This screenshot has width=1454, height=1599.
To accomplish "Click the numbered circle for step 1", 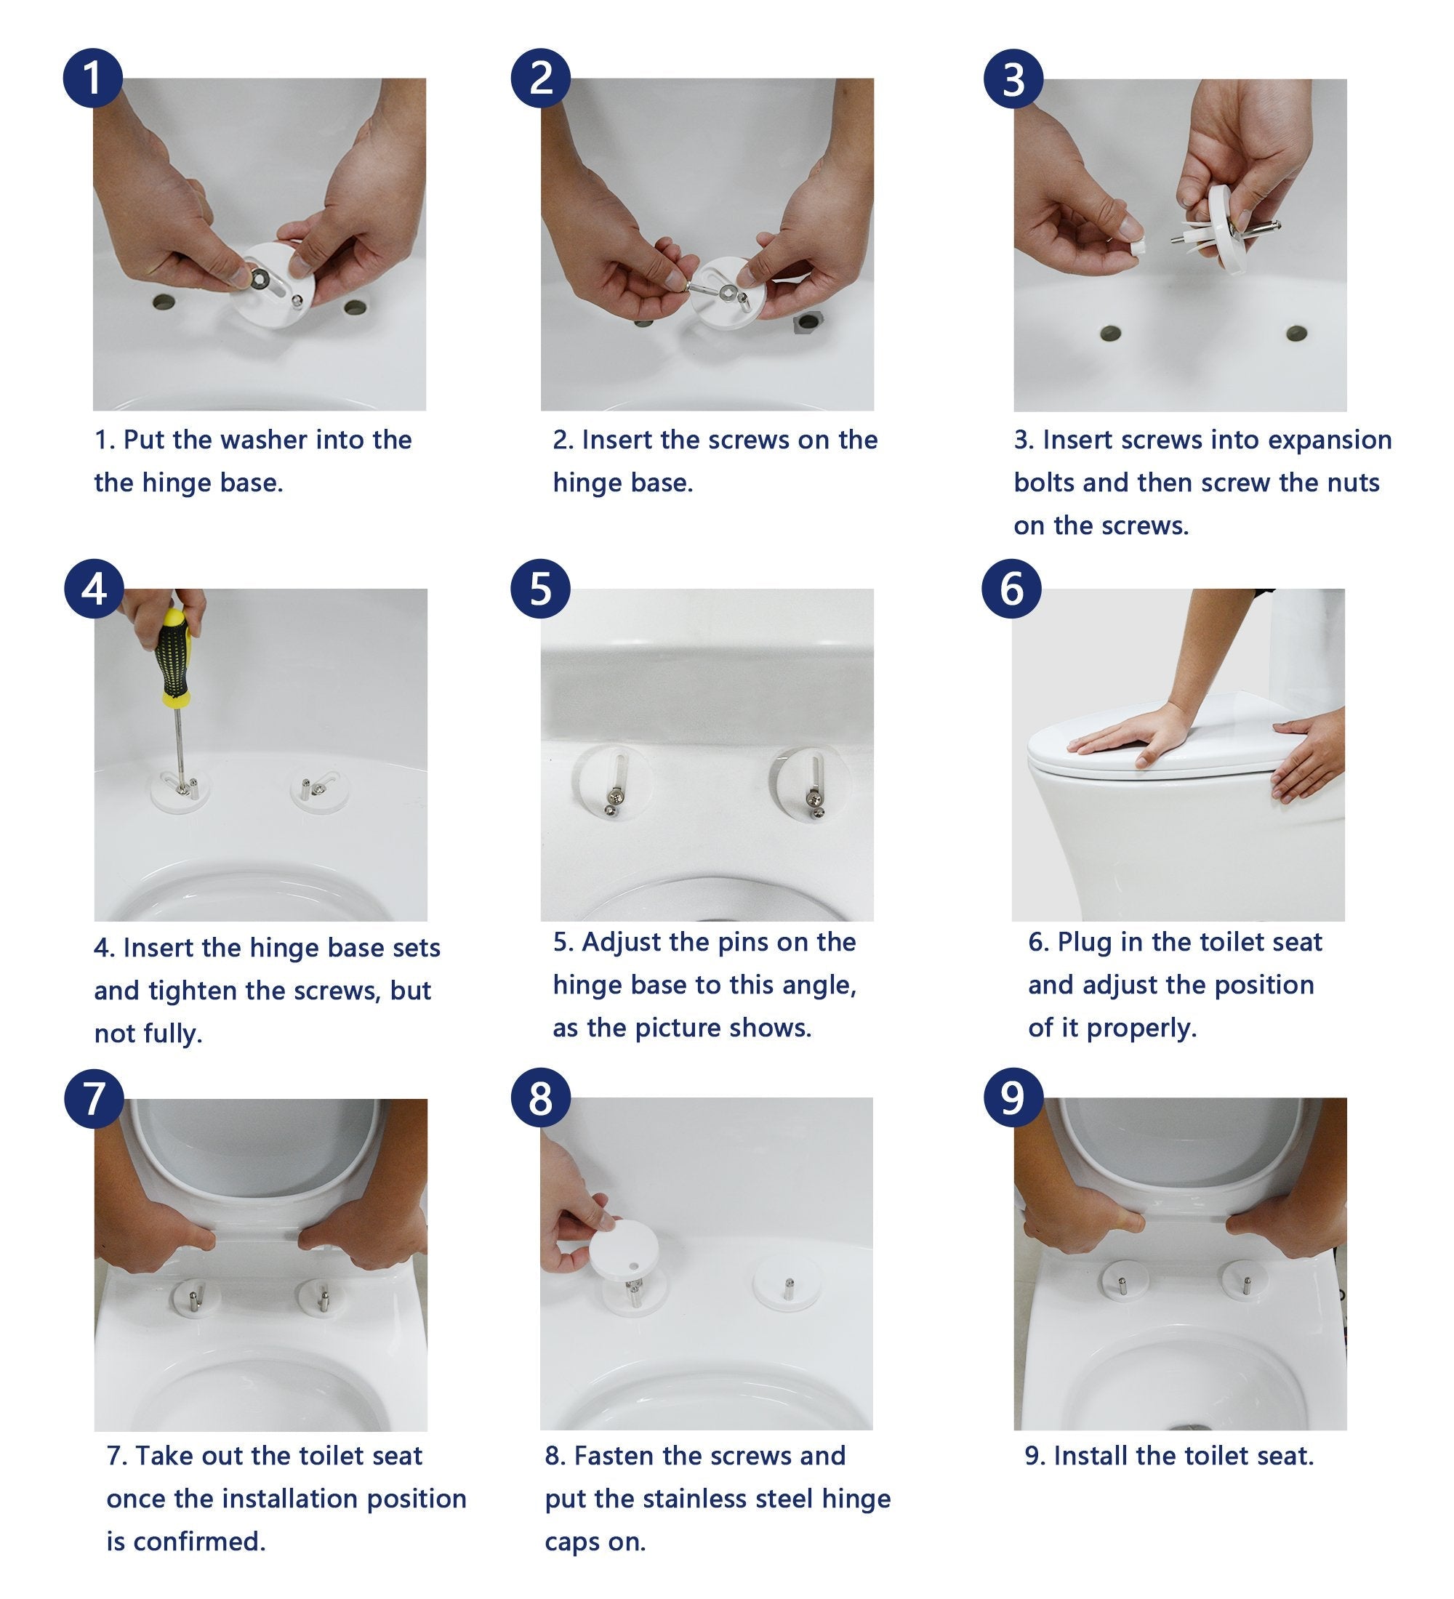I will (x=93, y=78).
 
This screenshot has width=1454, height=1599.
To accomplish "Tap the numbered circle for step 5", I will (x=540, y=589).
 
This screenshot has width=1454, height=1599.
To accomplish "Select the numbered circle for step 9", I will (x=1013, y=1097).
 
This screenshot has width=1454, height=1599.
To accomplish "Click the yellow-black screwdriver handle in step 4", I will (x=174, y=658).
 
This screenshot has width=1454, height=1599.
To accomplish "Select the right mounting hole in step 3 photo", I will (x=1296, y=333).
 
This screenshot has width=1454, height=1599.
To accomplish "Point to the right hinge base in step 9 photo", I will (x=1243, y=1278).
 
